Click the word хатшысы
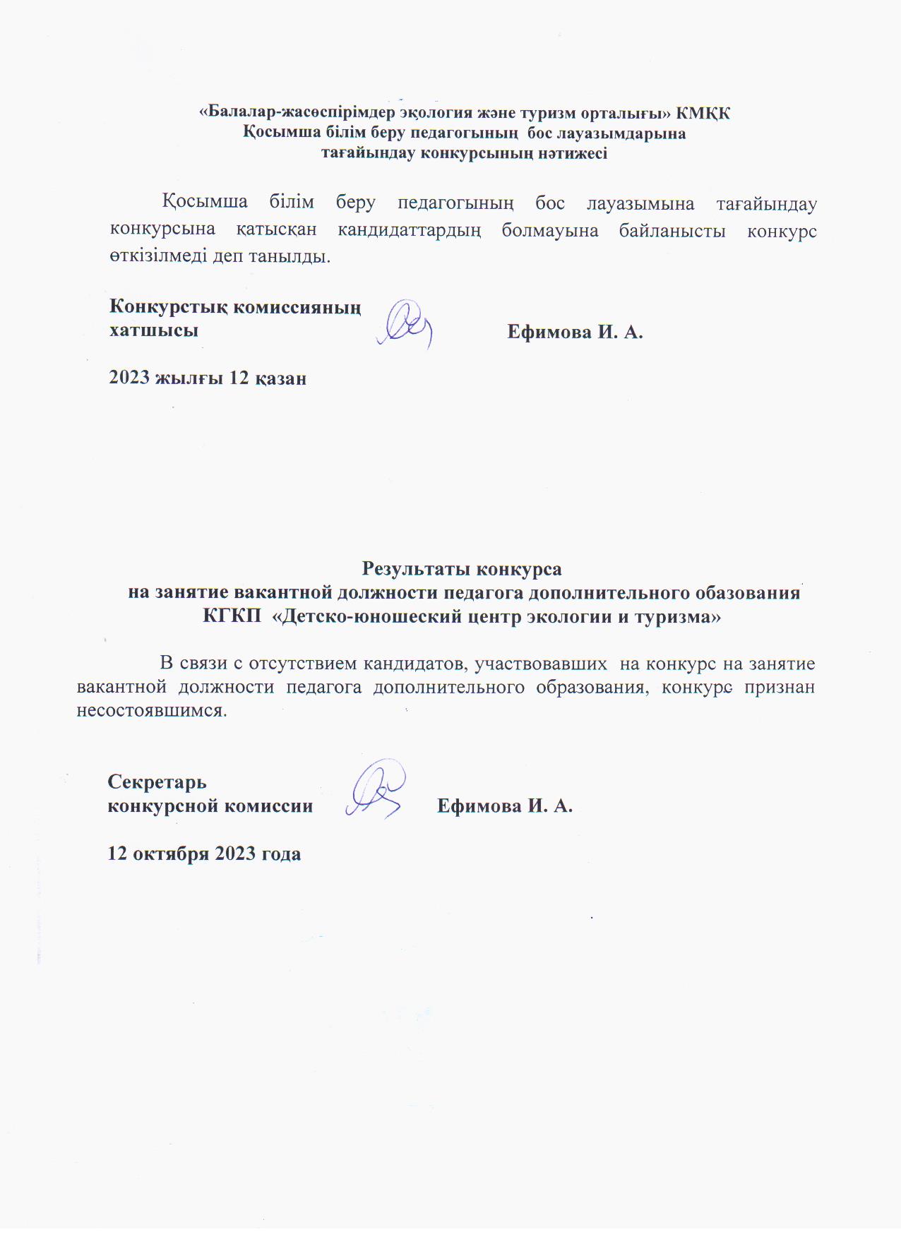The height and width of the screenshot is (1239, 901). [153, 330]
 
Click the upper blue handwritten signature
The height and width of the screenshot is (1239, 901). [405, 325]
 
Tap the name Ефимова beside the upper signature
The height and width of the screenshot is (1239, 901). [549, 332]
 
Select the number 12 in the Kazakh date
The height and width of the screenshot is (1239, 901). [239, 378]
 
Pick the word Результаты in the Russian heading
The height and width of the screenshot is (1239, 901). [417, 569]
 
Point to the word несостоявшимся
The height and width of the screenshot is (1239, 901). [152, 710]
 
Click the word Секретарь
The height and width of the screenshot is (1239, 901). [157, 782]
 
